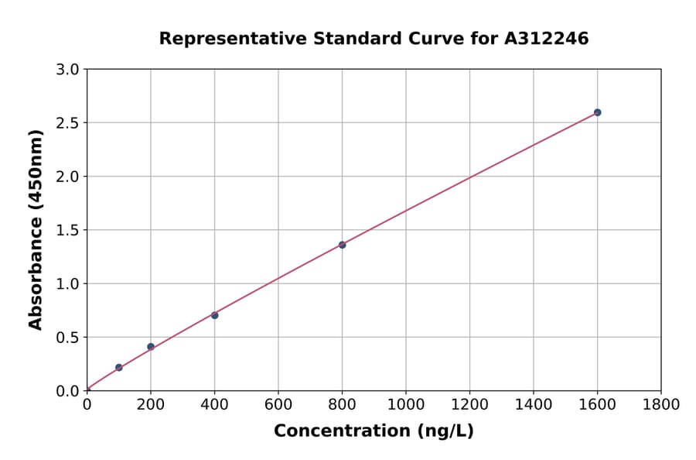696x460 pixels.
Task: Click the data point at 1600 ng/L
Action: [x=597, y=112]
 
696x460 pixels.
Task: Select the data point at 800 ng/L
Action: [x=342, y=245]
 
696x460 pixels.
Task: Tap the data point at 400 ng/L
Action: [x=214, y=315]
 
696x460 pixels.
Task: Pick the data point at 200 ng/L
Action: [x=151, y=347]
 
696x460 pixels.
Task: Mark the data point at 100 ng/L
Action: [x=118, y=367]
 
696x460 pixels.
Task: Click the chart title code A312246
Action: [x=547, y=39]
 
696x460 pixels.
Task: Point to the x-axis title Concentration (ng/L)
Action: [x=374, y=431]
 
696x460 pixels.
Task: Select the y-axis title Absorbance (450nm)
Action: [x=36, y=230]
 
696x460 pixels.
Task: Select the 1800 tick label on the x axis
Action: [x=661, y=405]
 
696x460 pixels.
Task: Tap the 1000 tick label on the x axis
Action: [x=406, y=405]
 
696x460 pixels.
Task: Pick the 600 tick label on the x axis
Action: [x=278, y=405]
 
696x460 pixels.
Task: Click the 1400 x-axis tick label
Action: [x=534, y=405]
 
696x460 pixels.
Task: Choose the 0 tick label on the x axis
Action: [x=87, y=405]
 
